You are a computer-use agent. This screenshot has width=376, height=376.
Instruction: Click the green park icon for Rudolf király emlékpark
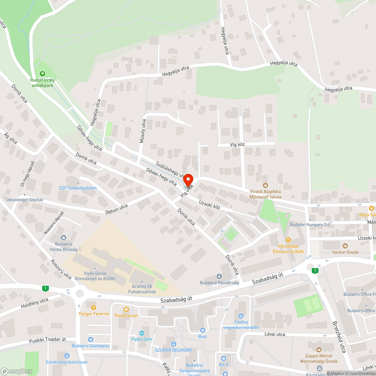click(x=42, y=74)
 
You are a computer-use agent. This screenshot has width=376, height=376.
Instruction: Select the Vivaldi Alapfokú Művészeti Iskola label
click(x=266, y=193)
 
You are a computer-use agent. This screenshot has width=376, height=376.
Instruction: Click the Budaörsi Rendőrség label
click(x=220, y=283)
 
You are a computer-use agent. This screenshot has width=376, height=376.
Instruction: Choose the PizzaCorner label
click(x=126, y=315)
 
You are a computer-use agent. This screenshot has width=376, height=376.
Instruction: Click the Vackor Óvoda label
click(x=345, y=252)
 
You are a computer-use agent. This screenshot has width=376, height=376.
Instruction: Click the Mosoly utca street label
click(x=142, y=131)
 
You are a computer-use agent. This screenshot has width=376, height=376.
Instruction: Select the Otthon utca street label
click(x=116, y=209)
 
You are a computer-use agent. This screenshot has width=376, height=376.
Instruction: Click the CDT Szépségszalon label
click(x=78, y=188)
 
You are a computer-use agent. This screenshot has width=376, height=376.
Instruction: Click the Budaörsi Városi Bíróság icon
click(x=63, y=237)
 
